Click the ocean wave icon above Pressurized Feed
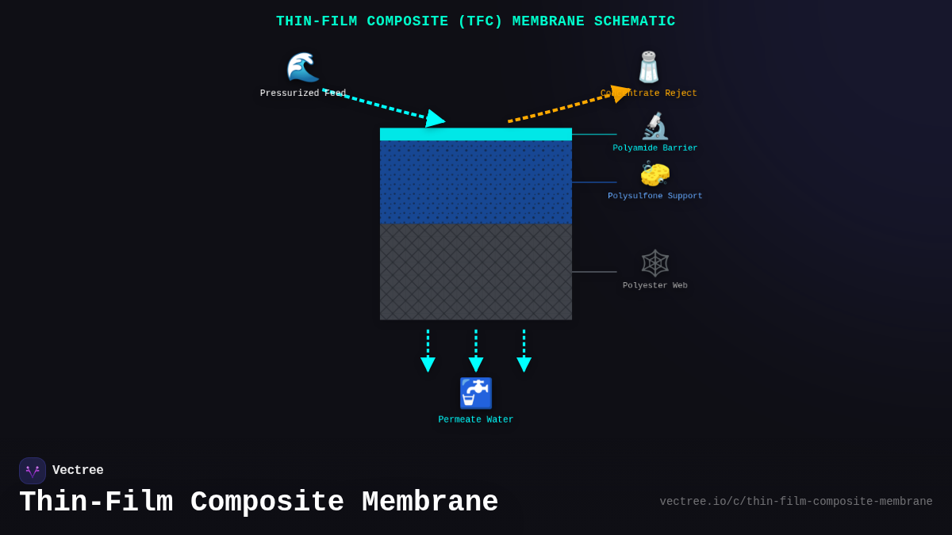coord(302,67)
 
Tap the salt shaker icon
coord(649,67)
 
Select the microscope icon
coord(655,126)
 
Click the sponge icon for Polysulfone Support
coord(655,174)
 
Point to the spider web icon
coord(655,263)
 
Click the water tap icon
coord(476,393)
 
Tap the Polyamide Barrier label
coord(655,148)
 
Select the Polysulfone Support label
coord(655,196)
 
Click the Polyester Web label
coord(655,285)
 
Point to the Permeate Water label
coord(476,420)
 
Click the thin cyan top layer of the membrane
coord(476,134)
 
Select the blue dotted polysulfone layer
coord(476,182)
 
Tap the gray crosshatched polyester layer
coord(476,272)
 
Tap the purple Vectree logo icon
coord(33,471)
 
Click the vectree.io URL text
coord(796,502)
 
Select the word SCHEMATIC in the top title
coord(633,21)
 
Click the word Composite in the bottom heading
coord(267,503)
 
